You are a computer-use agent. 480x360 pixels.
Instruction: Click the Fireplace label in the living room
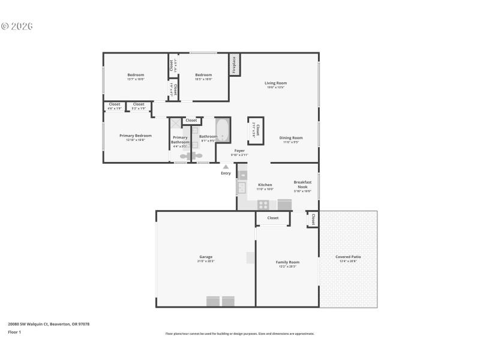click(x=233, y=65)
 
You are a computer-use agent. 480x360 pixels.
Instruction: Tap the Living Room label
click(x=276, y=83)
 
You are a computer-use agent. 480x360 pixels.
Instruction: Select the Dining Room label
click(x=291, y=137)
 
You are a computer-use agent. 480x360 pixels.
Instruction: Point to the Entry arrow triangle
click(x=226, y=167)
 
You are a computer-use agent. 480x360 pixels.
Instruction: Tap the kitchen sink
click(x=242, y=188)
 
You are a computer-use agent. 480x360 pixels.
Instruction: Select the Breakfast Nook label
click(x=302, y=184)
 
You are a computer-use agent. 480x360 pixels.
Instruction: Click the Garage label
click(x=206, y=257)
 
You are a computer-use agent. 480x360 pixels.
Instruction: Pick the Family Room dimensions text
click(x=287, y=266)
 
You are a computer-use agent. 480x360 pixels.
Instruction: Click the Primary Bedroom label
click(x=136, y=136)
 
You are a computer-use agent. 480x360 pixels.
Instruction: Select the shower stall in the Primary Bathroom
click(x=175, y=123)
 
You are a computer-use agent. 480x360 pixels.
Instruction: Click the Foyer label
click(x=239, y=150)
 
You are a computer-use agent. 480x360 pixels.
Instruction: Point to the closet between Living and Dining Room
click(x=254, y=130)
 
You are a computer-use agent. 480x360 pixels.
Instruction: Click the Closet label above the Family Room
click(x=273, y=218)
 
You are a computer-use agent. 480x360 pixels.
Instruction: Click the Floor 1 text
click(x=14, y=332)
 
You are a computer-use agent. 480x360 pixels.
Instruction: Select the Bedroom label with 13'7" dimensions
click(x=136, y=74)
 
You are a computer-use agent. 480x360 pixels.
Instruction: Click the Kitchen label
click(x=265, y=185)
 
